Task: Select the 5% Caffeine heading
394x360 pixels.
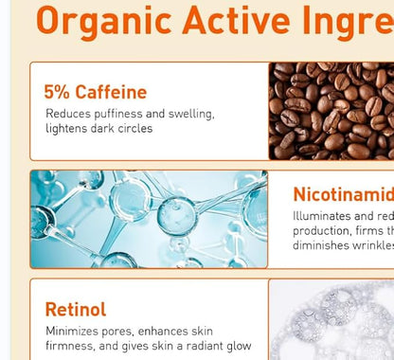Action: [96, 92]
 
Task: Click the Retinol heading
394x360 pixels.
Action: [76, 310]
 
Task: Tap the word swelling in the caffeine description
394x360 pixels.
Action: [189, 114]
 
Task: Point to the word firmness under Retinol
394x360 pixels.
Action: [70, 346]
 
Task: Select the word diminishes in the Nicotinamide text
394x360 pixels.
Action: [323, 245]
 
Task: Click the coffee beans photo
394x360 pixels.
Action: [331, 110]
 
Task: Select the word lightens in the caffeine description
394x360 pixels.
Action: [67, 129]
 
